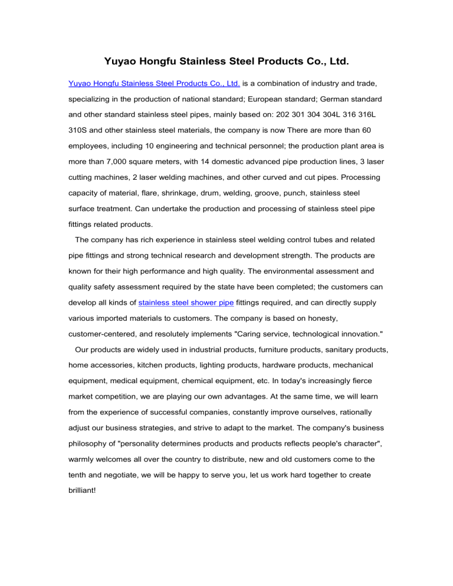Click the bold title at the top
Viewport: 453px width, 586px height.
pyautogui.click(x=226, y=61)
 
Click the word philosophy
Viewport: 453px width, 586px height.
pyautogui.click(x=91, y=440)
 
